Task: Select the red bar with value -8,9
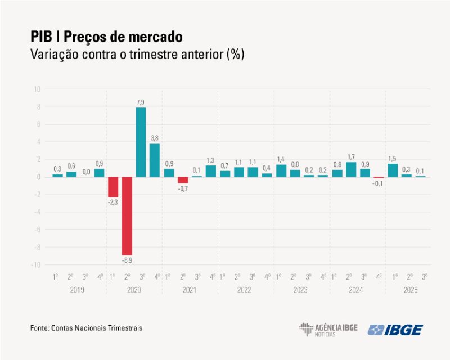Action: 127,216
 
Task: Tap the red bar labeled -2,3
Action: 113,187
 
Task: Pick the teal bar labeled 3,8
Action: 155,160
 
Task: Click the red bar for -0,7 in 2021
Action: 183,180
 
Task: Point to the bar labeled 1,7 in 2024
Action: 351,169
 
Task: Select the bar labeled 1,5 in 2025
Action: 393,170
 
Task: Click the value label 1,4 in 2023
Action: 281,159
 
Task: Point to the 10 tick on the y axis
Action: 37,89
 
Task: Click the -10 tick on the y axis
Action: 37,265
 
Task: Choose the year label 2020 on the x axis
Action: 134,290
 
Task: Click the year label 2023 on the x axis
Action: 300,290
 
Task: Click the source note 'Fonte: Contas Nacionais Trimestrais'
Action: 86,327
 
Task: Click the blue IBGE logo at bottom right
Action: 395,330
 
